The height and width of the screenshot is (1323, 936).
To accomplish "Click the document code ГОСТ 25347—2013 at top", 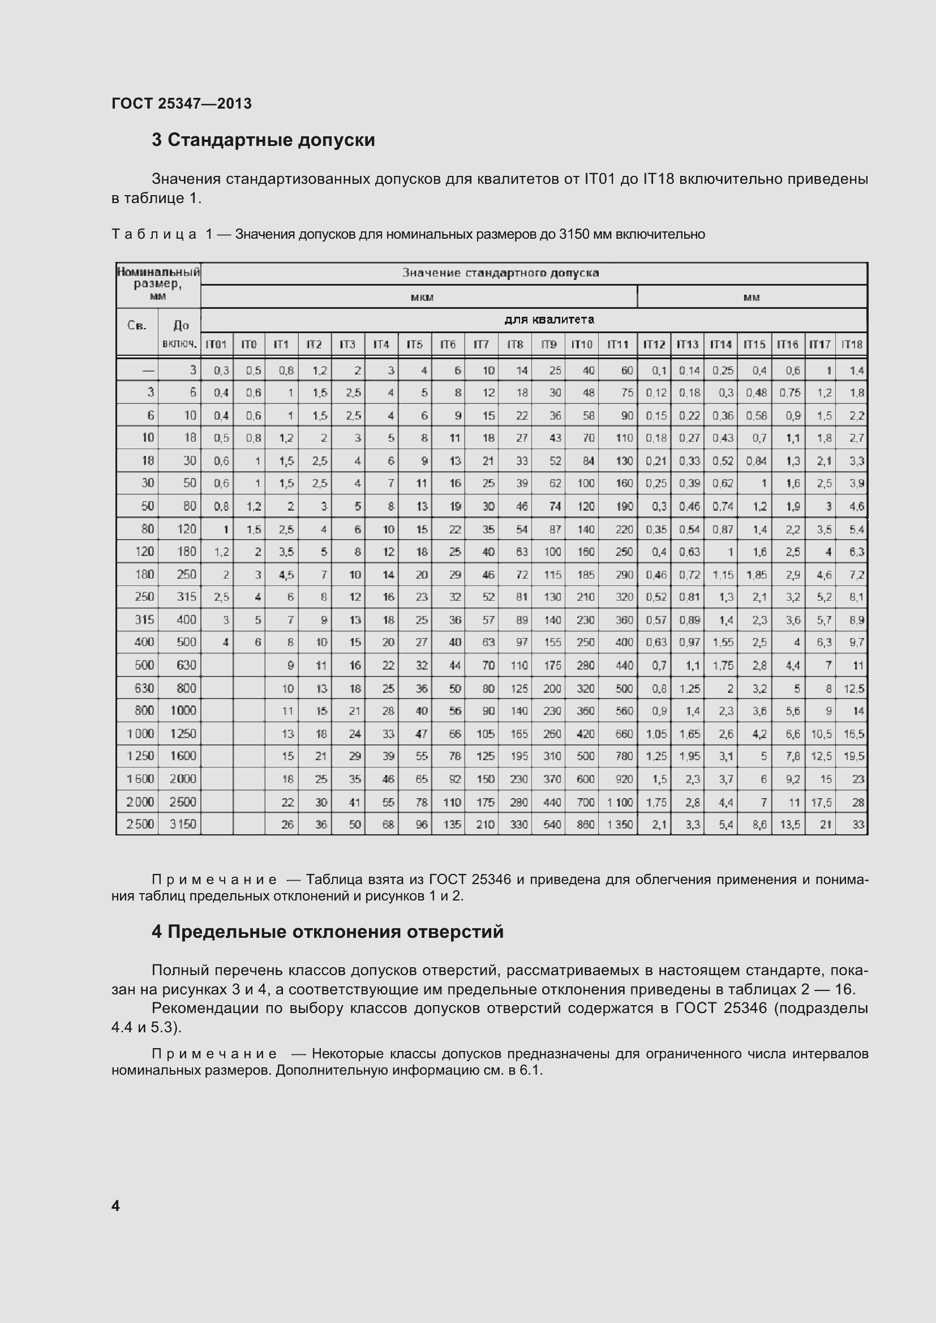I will [x=182, y=104].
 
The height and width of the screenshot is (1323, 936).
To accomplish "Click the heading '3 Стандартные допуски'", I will [x=263, y=140].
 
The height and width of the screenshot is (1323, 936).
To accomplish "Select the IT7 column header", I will [x=481, y=344].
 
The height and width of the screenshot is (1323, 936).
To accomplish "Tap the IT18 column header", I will [x=852, y=344].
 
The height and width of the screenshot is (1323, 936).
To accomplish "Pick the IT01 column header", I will [x=216, y=344].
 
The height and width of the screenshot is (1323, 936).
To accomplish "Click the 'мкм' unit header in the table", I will [x=422, y=298].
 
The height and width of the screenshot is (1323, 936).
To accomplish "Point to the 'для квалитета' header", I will [x=549, y=319].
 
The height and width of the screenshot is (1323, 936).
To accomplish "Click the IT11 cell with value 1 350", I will [x=620, y=825].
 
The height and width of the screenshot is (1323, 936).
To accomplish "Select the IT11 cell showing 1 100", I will [x=620, y=802].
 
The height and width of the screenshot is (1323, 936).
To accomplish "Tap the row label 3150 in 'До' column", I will [x=183, y=825].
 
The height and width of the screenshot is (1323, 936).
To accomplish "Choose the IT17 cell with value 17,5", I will [x=821, y=802].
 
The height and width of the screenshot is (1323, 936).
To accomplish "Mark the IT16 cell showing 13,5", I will [x=789, y=825].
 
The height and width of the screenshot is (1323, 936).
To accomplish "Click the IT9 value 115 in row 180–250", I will [x=552, y=575].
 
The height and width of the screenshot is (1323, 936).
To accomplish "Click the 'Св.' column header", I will [x=136, y=326].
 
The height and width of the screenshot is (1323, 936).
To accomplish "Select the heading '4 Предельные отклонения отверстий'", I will [x=327, y=932].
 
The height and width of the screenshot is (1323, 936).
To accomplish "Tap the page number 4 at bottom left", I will [x=115, y=1205].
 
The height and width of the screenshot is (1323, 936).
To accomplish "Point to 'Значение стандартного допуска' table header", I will [x=500, y=273].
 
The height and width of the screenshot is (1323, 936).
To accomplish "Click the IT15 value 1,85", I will [x=756, y=575].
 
